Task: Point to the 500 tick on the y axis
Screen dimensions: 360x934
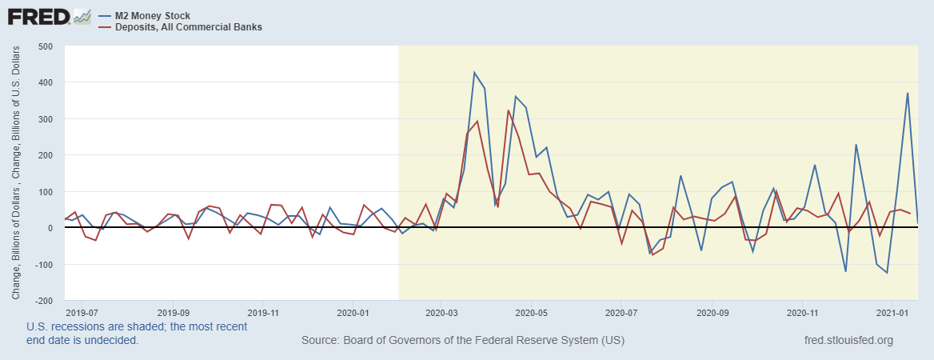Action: [x=45, y=46]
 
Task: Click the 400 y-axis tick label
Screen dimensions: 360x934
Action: [x=45, y=82]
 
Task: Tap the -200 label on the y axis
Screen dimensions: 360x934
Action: [x=43, y=301]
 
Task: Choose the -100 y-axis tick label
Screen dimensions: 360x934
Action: [x=43, y=265]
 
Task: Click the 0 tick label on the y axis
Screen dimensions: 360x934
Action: [x=50, y=228]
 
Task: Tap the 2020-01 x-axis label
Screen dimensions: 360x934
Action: [x=353, y=313]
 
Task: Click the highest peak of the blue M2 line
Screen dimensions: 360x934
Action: [x=474, y=73]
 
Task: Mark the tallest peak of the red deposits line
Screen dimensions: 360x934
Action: [x=509, y=110]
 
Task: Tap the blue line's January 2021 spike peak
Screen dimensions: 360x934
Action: [x=907, y=94]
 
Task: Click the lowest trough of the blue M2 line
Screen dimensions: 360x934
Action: [x=887, y=273]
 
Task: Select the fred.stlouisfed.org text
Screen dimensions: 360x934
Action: [x=848, y=341]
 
